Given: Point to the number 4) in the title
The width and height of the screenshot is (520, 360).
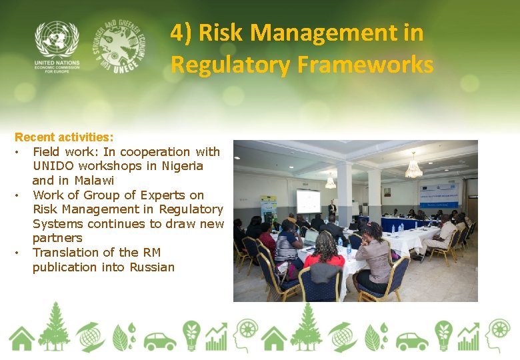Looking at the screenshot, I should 182,32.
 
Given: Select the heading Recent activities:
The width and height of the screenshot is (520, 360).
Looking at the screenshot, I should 64,137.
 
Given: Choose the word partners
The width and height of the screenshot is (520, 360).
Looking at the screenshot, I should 57,238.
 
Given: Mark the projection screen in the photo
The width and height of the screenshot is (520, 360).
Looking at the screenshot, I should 308,201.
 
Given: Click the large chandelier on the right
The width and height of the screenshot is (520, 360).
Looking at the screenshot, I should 414,167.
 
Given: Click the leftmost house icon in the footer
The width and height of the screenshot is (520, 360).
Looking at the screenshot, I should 21,339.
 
